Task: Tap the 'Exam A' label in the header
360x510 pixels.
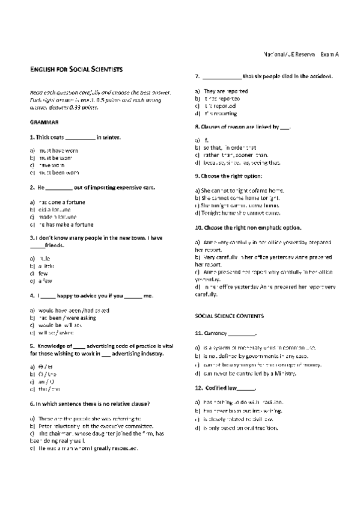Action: [x=329, y=54]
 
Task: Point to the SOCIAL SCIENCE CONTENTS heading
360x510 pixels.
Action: [x=230, y=315]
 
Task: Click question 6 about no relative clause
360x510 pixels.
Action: [x=90, y=404]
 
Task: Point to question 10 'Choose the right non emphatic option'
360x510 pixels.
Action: [x=248, y=228]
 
